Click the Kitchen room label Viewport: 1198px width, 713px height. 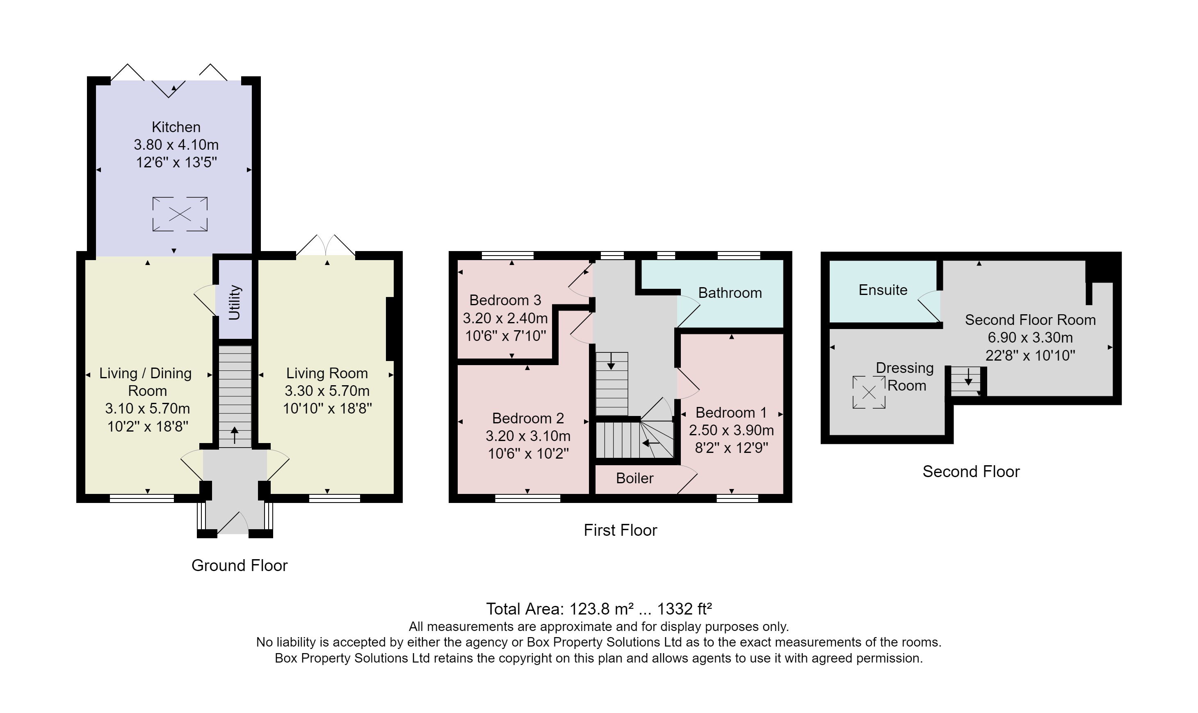[176, 127]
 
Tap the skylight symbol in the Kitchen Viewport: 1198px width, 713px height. [180, 214]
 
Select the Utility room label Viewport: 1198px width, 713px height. [235, 302]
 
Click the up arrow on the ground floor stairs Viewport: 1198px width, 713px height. [235, 435]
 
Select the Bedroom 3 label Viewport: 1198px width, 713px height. [505, 300]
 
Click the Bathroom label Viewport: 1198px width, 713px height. [730, 293]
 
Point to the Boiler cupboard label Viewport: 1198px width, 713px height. [634, 478]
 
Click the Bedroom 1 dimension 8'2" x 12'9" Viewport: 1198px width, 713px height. [731, 448]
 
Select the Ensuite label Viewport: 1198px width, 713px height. [883, 290]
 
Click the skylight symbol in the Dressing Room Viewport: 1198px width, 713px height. [869, 393]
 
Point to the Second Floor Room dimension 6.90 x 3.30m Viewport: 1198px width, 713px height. [1030, 337]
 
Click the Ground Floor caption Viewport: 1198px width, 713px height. [239, 565]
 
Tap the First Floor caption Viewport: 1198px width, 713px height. [620, 530]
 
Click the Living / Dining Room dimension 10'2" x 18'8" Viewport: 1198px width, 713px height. [148, 426]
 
